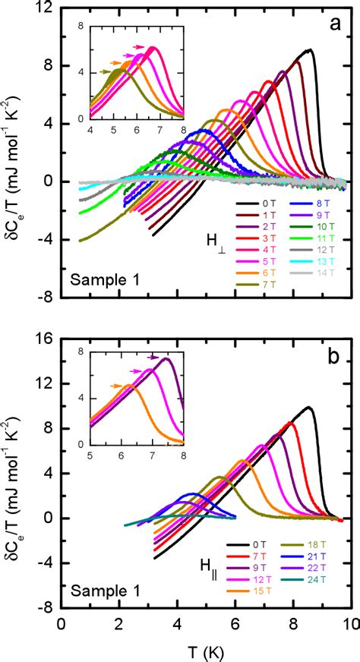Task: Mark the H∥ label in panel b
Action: tap(199, 566)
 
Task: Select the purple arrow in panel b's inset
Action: tap(154, 356)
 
